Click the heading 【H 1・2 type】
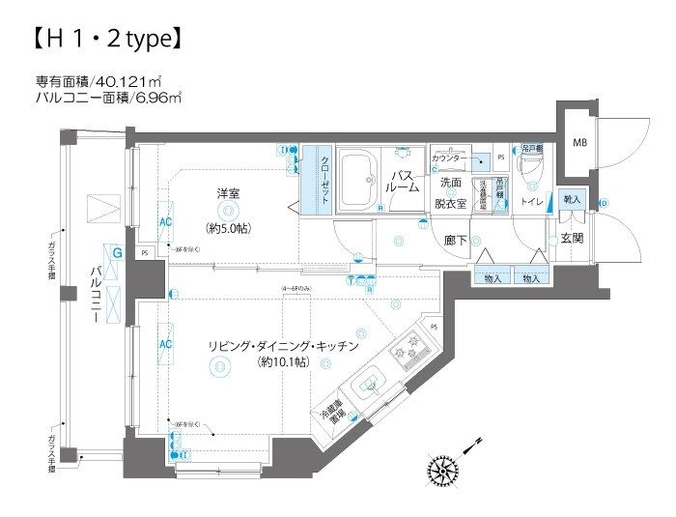click(x=101, y=40)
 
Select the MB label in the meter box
click(x=580, y=144)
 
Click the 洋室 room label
click(x=228, y=193)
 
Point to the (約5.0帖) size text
click(x=228, y=228)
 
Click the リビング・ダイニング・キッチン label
click(x=283, y=345)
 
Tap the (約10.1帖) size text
click(x=283, y=363)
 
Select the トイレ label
click(x=532, y=201)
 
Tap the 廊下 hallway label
click(x=456, y=239)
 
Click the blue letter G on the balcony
click(x=116, y=253)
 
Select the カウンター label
click(x=449, y=158)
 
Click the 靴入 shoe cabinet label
click(x=572, y=199)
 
